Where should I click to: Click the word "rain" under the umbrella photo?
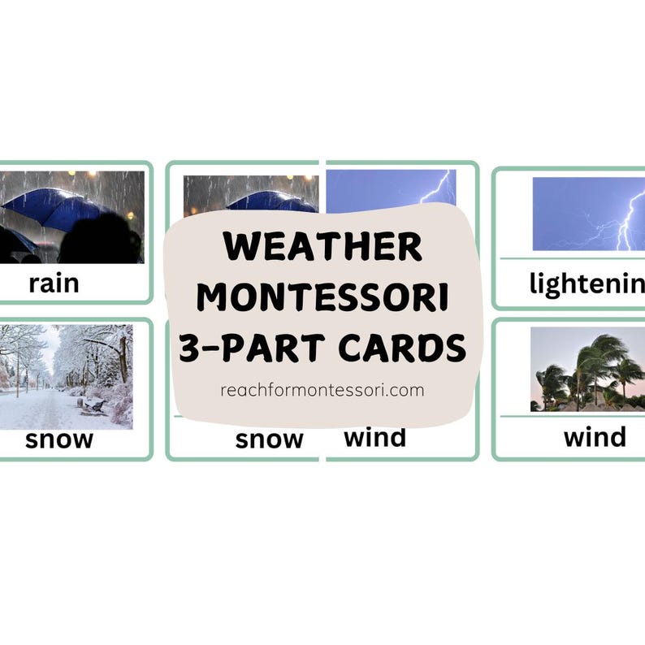[54, 284]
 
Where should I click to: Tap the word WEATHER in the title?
[322, 246]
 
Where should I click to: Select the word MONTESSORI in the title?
[322, 297]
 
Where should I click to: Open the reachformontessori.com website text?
[322, 390]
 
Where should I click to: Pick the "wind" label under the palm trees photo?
[595, 437]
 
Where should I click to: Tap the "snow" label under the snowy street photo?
[58, 439]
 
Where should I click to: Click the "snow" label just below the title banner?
[269, 439]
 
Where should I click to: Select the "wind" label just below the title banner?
[374, 437]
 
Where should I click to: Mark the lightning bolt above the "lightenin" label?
[627, 219]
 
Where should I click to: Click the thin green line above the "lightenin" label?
[569, 258]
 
